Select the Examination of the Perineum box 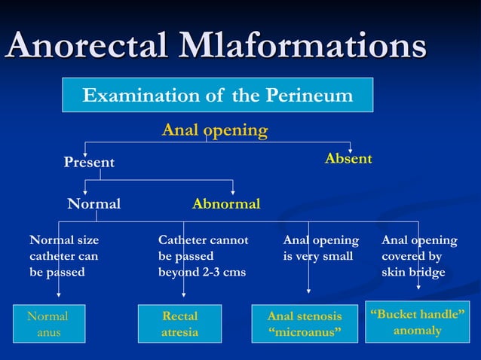(x=217, y=96)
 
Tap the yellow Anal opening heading (x=215, y=130)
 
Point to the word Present (x=89, y=163)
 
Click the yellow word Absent (x=348, y=159)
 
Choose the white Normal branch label (x=93, y=204)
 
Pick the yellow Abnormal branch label (x=226, y=204)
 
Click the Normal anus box (x=47, y=324)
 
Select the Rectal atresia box (x=179, y=324)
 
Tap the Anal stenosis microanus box (x=305, y=324)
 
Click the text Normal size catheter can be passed (x=64, y=256)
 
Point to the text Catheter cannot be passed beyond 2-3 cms (x=203, y=256)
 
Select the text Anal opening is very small (x=320, y=249)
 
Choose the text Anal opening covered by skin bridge (x=419, y=256)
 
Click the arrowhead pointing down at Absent (x=350, y=147)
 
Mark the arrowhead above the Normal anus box (x=60, y=300)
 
